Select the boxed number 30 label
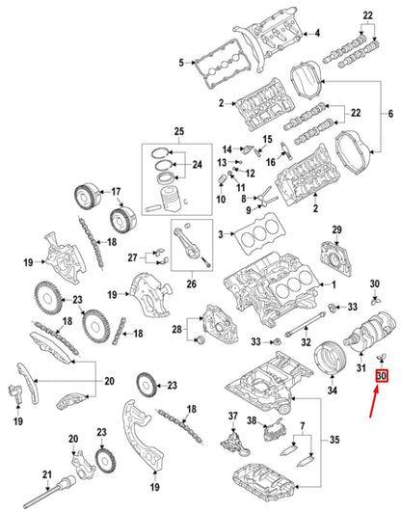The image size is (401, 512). [381, 376]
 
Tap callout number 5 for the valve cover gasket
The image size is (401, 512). [180, 64]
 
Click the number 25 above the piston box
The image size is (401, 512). [177, 130]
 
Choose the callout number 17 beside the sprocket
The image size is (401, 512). [114, 190]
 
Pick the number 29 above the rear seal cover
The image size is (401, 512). [337, 229]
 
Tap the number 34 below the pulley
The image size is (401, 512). [332, 391]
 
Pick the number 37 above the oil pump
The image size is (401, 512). [231, 416]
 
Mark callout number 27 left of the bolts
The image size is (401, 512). [132, 257]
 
